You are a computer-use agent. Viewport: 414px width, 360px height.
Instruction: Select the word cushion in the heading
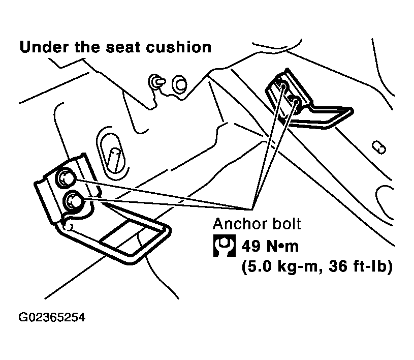[x=179, y=47]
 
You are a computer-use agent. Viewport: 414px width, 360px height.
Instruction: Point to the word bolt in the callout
[x=286, y=224]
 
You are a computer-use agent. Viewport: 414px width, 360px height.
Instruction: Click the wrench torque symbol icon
[x=225, y=246]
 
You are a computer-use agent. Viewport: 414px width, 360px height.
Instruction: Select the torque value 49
[x=251, y=246]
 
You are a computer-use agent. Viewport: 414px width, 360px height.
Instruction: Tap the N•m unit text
[x=282, y=246]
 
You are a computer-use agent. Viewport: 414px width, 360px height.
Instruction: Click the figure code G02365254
[x=52, y=317]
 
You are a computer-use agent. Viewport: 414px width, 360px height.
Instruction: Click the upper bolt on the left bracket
[x=65, y=178]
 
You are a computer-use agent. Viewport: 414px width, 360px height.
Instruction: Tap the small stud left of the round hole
[x=156, y=82]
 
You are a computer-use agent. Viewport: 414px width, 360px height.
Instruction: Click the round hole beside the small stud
[x=179, y=84]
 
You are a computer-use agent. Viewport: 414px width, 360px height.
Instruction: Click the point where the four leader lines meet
[x=252, y=209]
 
